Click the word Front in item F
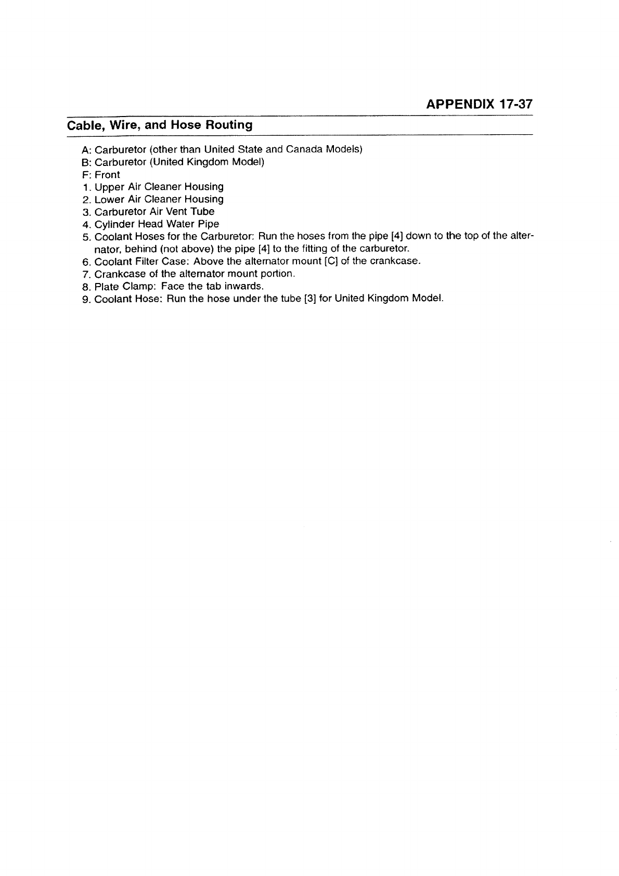click(107, 175)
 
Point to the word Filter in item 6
click(144, 261)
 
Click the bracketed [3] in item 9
click(304, 299)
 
